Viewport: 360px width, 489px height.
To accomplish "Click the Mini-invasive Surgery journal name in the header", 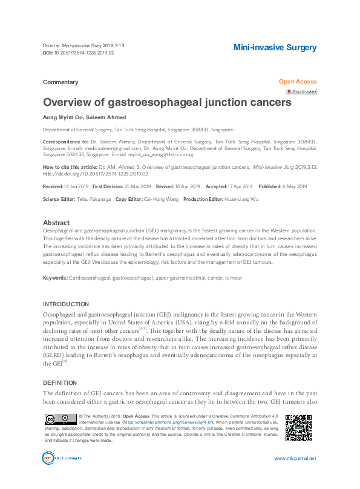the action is click(275, 47).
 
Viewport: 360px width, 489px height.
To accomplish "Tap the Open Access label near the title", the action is click(297, 82).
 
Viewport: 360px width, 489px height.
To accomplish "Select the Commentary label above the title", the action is click(61, 82).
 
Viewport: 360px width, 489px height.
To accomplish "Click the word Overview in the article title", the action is click(68, 102).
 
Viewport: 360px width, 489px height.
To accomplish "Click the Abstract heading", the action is click(56, 223).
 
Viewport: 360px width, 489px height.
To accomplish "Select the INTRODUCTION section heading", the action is click(65, 304).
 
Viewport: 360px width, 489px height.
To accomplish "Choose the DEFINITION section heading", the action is click(61, 383).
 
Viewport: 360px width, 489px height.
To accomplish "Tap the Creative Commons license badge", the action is click(59, 420).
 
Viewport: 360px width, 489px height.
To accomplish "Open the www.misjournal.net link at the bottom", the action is click(295, 459).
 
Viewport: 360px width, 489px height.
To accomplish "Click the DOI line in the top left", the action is click(78, 53).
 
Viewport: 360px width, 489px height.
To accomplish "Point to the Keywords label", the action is click(55, 277).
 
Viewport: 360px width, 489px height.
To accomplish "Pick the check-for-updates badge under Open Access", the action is click(301, 91).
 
